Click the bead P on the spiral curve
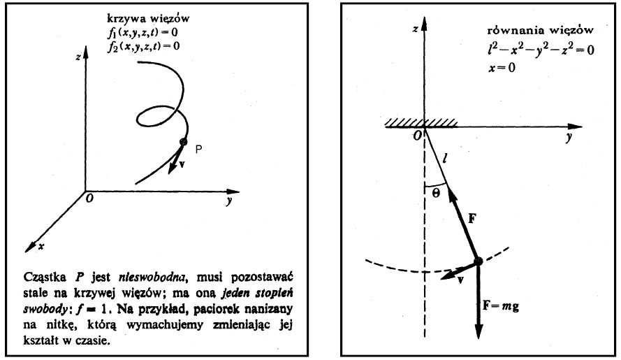tap(183, 141)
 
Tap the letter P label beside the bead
tap(199, 149)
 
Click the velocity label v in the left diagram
tap(182, 164)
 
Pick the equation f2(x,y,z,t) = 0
tap(143, 47)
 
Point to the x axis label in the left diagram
tap(41, 246)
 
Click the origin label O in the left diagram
tap(90, 198)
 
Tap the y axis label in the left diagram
tap(229, 201)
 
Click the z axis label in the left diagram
tap(78, 57)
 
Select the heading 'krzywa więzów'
tap(148, 19)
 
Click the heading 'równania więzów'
tap(540, 30)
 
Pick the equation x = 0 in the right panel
tap(502, 68)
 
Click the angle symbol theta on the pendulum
tap(436, 194)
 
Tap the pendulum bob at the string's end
tap(478, 261)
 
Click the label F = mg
tap(501, 306)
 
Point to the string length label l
tap(444, 159)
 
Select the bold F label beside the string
tap(472, 219)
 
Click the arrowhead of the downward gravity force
tap(478, 331)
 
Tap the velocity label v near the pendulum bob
tap(460, 280)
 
